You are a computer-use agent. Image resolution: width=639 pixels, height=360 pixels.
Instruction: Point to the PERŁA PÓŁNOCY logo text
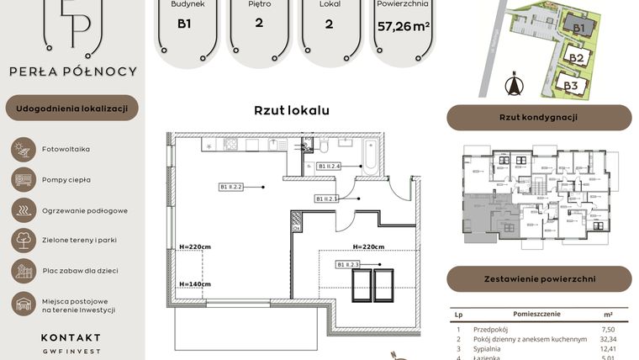point(72,71)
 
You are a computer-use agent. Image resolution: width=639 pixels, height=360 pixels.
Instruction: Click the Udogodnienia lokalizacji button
point(72,108)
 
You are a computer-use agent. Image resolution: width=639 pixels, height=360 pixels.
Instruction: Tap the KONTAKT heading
point(71,337)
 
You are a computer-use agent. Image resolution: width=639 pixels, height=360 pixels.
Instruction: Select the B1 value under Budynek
point(183,24)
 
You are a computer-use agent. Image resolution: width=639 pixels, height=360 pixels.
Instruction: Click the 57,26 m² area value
point(404,26)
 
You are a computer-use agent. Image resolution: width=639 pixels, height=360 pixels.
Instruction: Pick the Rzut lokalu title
point(292,110)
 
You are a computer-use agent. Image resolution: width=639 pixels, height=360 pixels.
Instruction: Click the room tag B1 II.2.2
point(231,187)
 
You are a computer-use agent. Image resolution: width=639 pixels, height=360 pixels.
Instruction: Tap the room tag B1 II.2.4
point(330,167)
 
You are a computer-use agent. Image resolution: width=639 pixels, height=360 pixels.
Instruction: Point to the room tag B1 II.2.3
point(348,265)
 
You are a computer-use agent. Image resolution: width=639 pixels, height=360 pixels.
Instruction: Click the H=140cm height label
point(194,284)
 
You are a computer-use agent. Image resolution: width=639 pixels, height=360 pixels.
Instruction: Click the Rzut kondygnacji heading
point(538,118)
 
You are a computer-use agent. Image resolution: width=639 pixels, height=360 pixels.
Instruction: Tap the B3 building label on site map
point(571,85)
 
